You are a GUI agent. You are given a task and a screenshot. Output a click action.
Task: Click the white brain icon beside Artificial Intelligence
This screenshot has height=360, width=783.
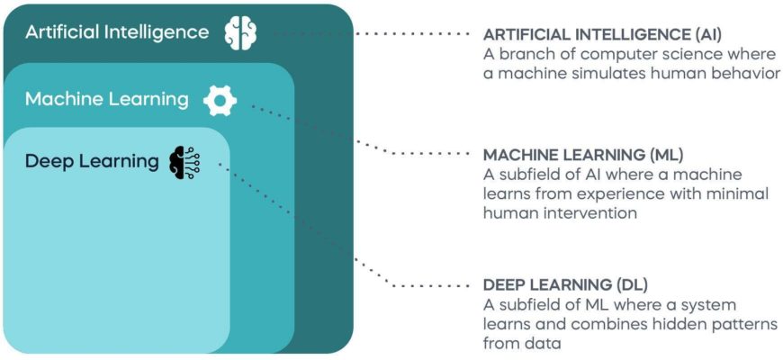[240, 32]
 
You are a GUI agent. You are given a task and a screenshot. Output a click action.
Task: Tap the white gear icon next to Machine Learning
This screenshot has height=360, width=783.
[220, 99]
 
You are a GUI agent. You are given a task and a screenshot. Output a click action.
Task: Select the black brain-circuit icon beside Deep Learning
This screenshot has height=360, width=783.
[184, 161]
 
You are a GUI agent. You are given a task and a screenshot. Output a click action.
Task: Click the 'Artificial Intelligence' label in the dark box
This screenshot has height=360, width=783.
[116, 32]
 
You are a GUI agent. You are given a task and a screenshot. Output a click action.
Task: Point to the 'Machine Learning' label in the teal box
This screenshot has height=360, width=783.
[106, 99]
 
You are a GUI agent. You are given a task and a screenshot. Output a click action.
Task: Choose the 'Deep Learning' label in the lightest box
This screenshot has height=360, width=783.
[91, 161]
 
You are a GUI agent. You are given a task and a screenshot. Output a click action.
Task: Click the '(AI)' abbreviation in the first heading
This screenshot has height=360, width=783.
[703, 34]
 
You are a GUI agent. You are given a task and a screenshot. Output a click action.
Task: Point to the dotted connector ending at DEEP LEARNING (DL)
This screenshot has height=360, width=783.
[360, 261]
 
